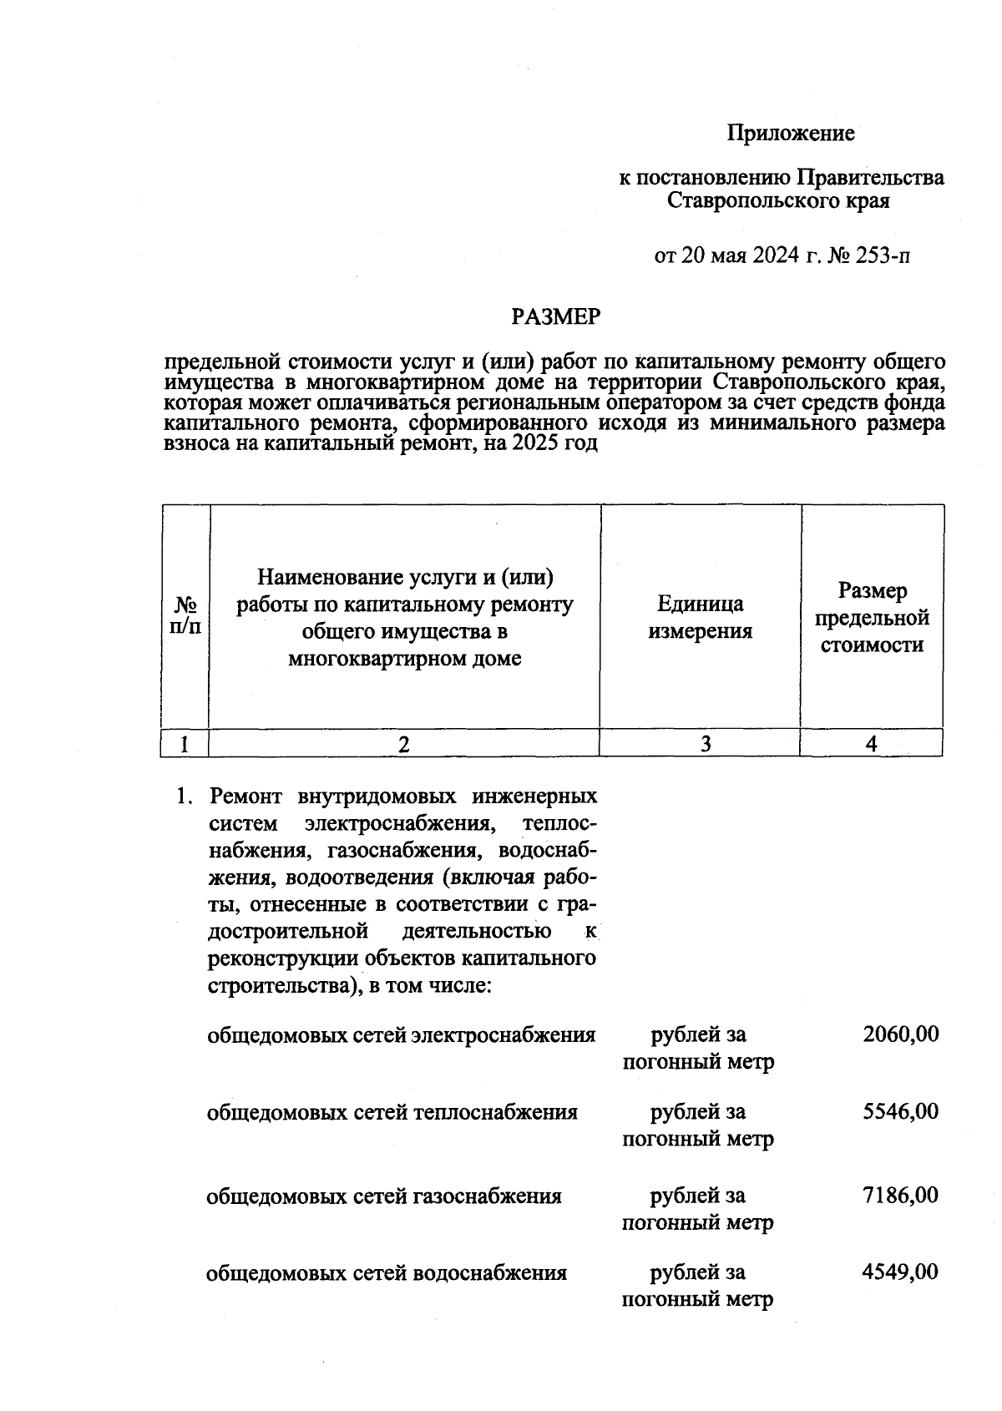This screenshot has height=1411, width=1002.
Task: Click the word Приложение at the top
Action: point(790,134)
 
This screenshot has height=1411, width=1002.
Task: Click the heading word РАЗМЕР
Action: point(555,317)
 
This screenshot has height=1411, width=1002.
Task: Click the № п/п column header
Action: point(185,616)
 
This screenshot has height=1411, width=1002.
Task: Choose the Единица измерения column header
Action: point(700,617)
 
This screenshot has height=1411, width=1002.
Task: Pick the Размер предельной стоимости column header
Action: point(872,618)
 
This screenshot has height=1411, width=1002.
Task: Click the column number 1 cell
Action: point(185,744)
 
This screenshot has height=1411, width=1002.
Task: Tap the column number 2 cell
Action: point(404,744)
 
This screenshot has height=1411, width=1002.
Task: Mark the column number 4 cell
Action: point(871,744)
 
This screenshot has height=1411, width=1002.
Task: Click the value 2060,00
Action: point(900,1034)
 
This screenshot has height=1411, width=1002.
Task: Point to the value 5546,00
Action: point(900,1111)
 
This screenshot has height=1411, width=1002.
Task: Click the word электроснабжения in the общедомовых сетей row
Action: point(504,1035)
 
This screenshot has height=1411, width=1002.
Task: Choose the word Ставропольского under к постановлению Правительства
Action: point(748,200)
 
